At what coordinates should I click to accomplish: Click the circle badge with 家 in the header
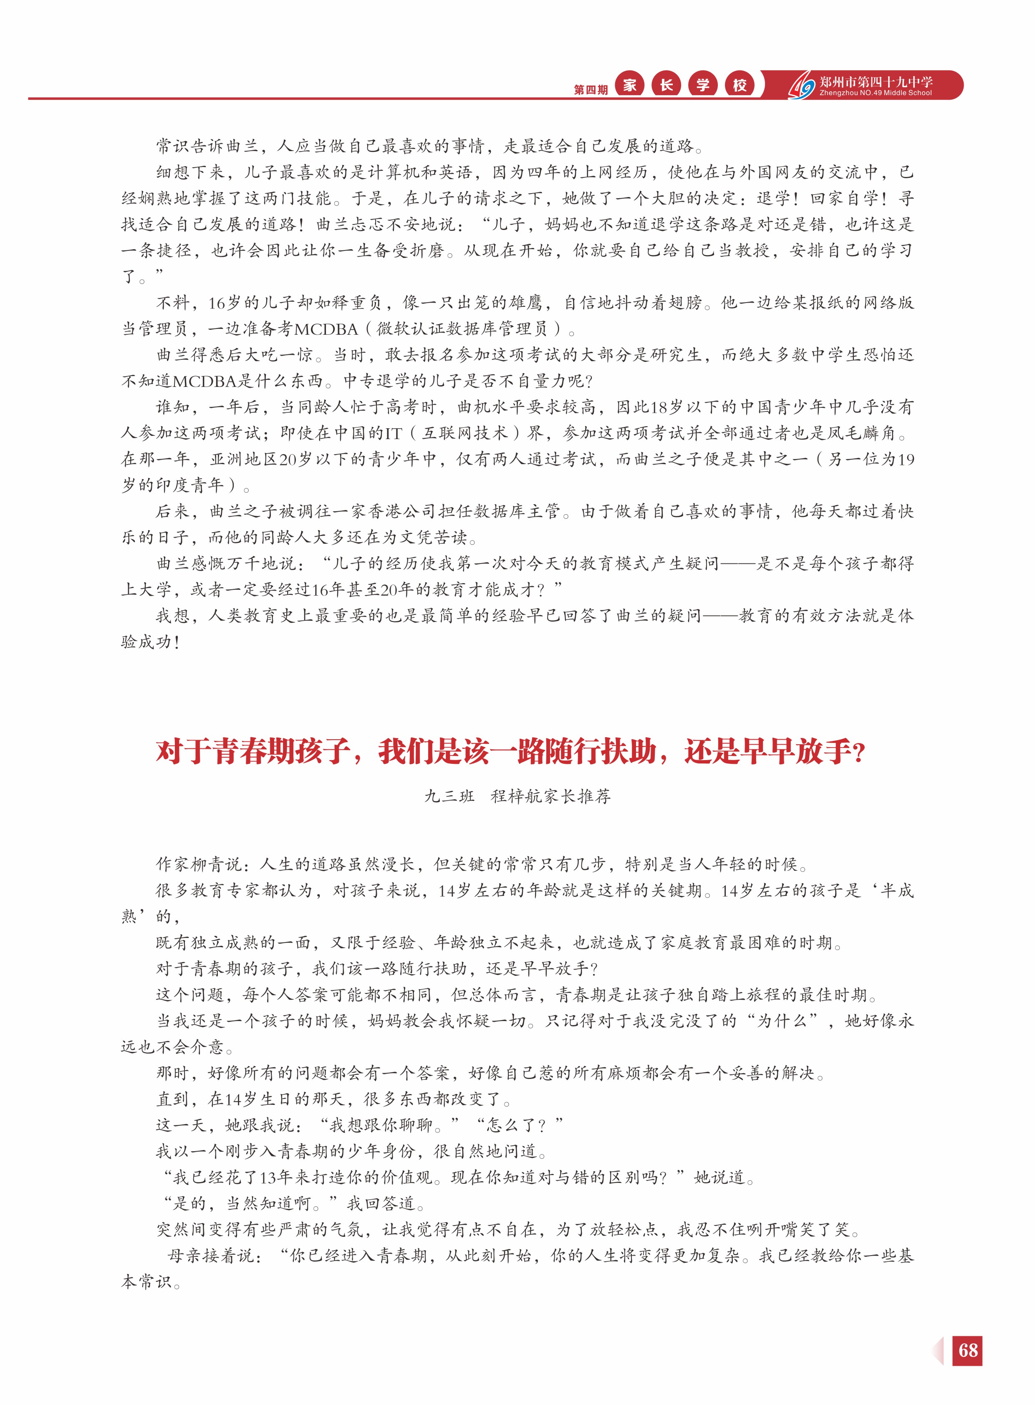[x=630, y=85]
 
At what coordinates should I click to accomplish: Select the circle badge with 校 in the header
[x=740, y=85]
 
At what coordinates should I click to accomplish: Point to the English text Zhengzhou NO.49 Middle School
[x=875, y=93]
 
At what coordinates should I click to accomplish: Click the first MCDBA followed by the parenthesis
[x=326, y=329]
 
